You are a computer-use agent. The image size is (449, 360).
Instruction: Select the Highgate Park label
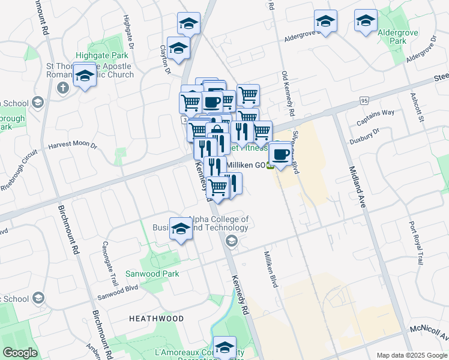[x=102, y=55]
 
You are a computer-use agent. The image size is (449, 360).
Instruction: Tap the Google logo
[x=20, y=353]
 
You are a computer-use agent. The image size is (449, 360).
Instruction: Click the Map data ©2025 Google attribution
[x=412, y=355]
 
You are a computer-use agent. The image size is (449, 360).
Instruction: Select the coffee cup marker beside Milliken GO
[x=280, y=155]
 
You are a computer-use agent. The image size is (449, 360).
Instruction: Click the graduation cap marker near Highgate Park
[x=85, y=76]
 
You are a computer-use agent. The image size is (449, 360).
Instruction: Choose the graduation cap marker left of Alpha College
[x=181, y=229]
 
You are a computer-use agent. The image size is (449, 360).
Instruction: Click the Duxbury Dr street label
[x=364, y=136]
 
